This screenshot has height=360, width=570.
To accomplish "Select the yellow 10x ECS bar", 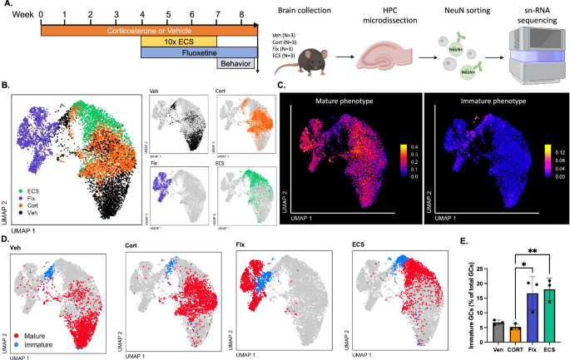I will coord(177,40).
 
